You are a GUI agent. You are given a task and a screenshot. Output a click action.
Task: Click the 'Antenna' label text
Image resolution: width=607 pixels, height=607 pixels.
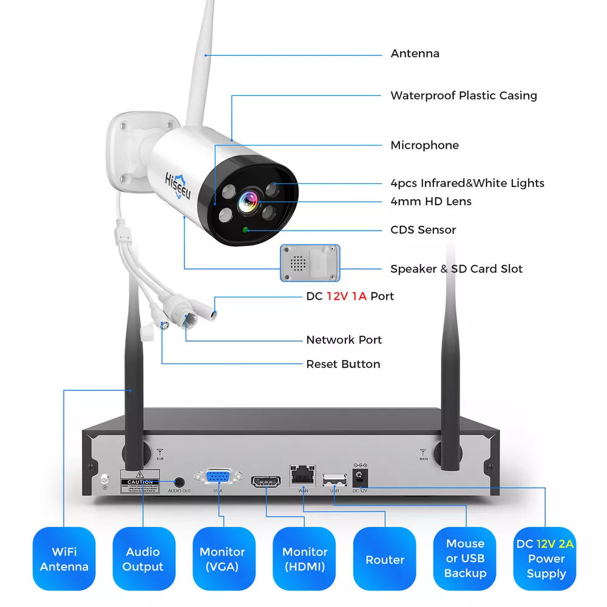[415, 53]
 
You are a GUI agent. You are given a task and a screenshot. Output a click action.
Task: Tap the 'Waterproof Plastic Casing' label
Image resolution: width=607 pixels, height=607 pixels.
[463, 95]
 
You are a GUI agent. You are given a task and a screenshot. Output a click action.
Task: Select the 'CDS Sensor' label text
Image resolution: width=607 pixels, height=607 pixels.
[422, 229]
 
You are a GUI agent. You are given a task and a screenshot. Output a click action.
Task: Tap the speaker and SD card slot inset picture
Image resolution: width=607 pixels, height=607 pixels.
[310, 262]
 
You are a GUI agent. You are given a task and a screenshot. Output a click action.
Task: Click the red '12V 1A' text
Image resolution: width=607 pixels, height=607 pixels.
[347, 296]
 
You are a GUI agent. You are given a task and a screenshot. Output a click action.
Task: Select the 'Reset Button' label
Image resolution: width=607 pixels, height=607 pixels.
[343, 364]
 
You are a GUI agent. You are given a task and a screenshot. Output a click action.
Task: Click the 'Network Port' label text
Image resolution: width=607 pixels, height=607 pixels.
[344, 340]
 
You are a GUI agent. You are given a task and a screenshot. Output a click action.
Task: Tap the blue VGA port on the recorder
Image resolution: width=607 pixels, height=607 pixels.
[218, 478]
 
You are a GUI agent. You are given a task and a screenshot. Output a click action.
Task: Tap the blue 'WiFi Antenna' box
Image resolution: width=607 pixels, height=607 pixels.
[64, 559]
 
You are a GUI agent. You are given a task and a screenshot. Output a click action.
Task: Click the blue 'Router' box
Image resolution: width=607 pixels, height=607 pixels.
[385, 559]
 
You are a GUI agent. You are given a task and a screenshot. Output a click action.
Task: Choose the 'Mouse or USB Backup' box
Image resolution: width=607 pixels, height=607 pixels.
[466, 559]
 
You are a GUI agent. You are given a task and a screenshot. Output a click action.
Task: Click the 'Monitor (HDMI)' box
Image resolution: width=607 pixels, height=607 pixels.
[305, 559]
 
